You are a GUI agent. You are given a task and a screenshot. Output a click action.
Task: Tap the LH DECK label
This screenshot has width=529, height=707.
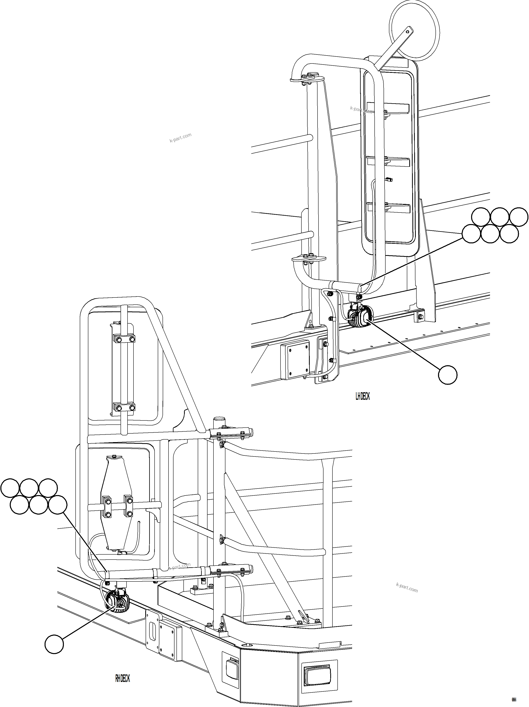362,397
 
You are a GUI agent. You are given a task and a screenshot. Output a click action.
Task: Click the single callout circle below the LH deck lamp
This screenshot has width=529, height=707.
447,375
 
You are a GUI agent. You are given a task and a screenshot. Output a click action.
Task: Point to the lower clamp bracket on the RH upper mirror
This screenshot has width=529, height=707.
123,408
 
